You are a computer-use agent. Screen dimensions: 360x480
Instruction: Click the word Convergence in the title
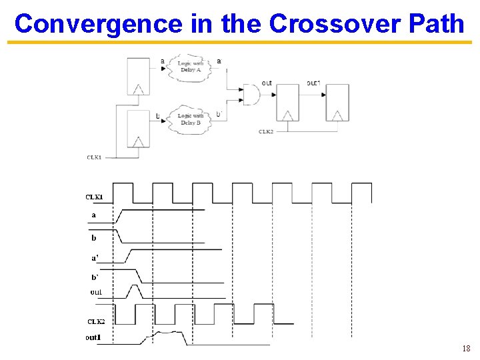tap(98, 23)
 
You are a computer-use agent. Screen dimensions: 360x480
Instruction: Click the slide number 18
tap(465, 349)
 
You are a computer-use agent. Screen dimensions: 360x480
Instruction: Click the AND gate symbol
tap(251, 94)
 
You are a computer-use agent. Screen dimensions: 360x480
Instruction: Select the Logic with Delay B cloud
tap(190, 119)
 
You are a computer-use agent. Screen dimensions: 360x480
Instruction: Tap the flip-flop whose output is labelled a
tap(138, 76)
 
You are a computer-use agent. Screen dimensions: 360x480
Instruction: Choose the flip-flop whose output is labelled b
tap(138, 129)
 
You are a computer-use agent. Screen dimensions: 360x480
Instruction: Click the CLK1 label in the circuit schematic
tap(94, 157)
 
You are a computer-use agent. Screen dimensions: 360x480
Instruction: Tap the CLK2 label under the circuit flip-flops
tap(266, 131)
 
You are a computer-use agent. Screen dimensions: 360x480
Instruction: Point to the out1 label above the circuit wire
tap(313, 83)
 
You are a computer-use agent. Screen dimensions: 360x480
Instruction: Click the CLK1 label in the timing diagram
tap(94, 197)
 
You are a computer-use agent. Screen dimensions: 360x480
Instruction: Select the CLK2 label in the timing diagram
tap(96, 321)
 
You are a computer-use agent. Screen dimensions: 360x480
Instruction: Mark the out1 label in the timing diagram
tap(93, 337)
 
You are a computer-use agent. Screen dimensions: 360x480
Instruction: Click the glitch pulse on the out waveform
tap(135, 291)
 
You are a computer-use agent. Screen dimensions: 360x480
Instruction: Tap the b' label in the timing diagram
tap(95, 277)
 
